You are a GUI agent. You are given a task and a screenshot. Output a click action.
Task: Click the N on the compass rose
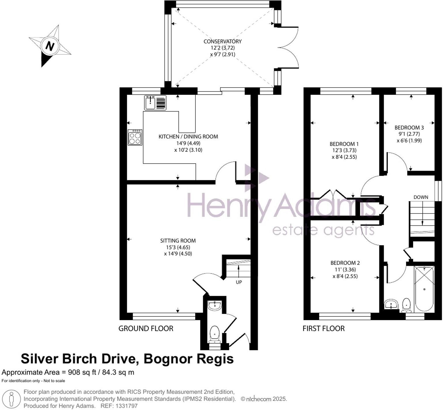50,46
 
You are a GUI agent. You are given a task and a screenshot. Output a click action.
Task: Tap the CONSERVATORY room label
223,41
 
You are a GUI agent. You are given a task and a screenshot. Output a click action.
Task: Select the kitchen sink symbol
155,103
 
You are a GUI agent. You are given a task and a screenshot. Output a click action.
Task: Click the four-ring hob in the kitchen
135,137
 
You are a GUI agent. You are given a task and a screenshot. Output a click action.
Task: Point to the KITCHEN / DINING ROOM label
188,137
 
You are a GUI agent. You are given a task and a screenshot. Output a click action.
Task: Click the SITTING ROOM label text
178,241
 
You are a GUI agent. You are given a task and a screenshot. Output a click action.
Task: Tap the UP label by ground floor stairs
239,282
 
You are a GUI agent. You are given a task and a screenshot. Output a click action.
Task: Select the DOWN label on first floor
421,197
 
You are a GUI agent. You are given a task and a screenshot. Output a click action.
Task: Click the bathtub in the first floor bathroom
424,289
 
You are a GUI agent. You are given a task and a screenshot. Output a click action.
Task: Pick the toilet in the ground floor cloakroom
215,333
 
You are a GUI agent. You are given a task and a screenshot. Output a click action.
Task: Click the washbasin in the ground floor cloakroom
215,305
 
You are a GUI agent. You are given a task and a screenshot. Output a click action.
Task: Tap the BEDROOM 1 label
344,144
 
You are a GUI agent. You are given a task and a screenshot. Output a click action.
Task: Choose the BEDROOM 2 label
345,263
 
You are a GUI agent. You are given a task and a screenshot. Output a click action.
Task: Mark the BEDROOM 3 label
409,128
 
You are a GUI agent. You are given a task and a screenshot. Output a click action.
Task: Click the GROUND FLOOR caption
146,329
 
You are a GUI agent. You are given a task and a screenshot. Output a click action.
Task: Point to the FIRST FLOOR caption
324,329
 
